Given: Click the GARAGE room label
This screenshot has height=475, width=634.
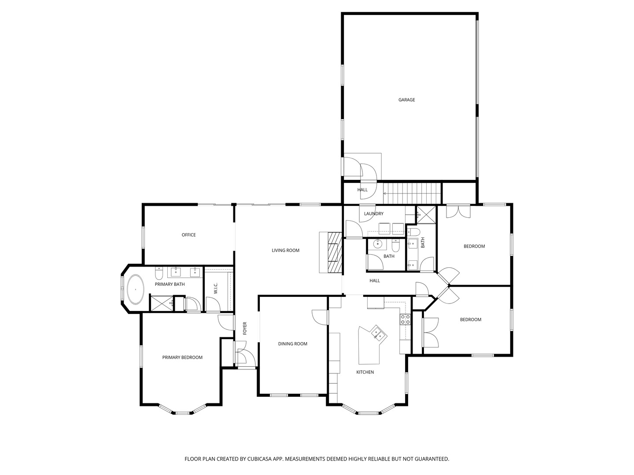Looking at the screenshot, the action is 406,100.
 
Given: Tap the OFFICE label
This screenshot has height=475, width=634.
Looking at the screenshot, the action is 188,235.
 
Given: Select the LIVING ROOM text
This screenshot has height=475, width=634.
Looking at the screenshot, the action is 285,251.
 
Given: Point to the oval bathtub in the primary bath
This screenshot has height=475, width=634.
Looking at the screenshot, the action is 136,289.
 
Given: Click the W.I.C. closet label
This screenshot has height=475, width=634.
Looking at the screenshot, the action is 216,289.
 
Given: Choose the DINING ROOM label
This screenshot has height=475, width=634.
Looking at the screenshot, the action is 293,344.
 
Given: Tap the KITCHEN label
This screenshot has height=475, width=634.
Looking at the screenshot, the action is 365,373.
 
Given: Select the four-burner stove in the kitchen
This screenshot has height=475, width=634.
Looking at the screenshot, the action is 405,319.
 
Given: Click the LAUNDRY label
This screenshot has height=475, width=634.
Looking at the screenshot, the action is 374,214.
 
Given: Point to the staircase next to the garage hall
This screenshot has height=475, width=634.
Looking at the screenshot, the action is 412,194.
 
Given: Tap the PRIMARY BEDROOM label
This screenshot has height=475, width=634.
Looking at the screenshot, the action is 182,358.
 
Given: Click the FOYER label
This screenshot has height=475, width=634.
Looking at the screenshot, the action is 245,328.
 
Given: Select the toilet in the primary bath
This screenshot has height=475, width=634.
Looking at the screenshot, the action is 159,274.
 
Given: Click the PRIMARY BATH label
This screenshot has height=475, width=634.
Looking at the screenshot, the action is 170,285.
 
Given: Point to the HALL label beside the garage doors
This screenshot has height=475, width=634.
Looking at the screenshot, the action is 362,190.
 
